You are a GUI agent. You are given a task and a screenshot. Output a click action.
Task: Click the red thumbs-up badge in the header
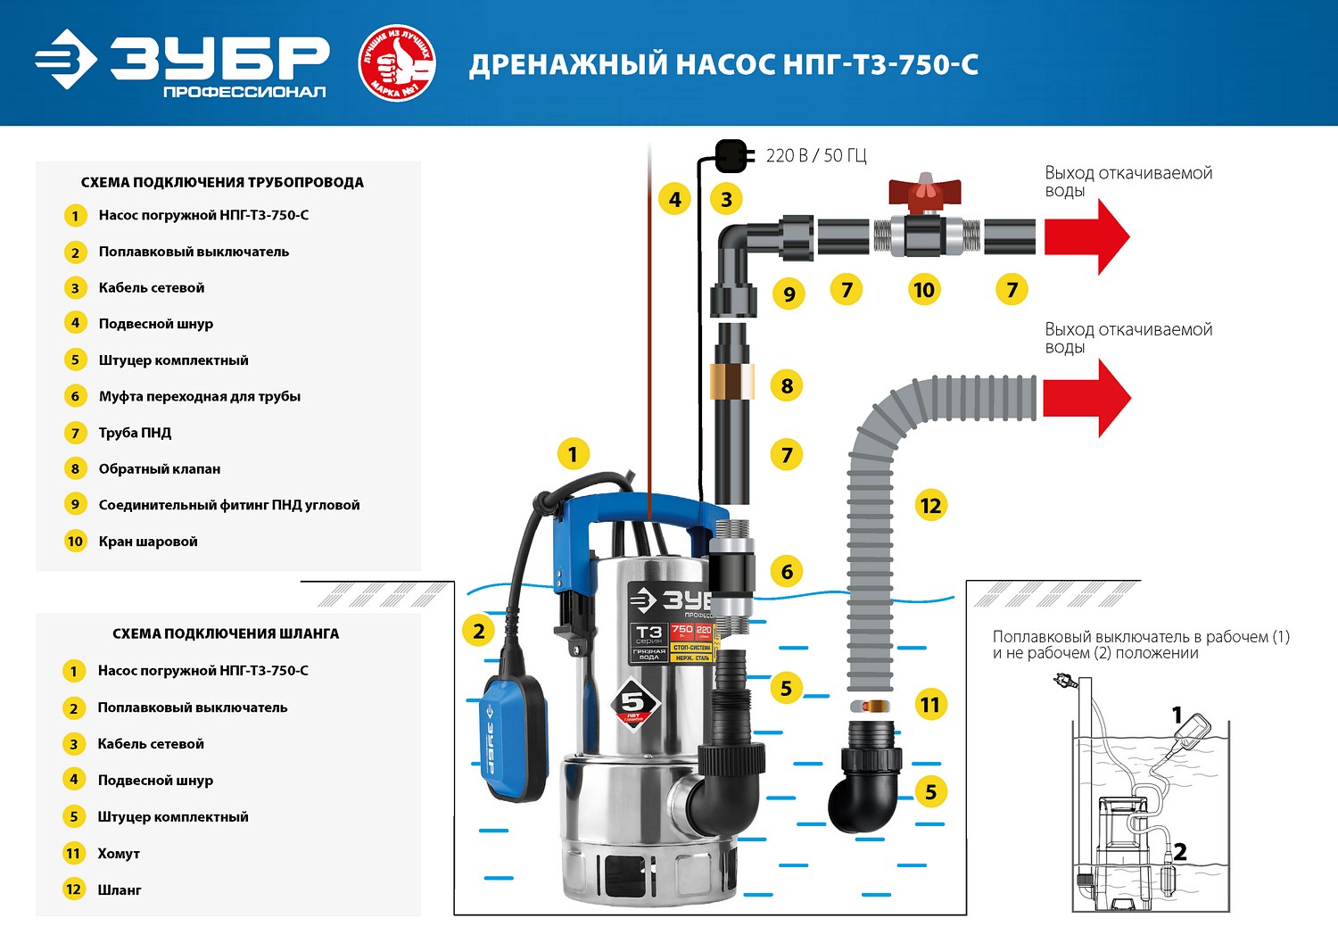tap(396, 63)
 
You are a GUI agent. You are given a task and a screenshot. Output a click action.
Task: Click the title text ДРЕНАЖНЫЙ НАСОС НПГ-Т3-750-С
tap(723, 65)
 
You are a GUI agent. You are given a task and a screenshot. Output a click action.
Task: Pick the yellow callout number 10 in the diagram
tap(924, 289)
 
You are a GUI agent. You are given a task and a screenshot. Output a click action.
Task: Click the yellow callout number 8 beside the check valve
tap(787, 385)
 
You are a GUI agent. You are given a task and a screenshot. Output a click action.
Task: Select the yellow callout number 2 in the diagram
tap(479, 632)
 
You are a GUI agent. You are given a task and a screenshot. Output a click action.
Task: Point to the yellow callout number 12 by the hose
tap(930, 506)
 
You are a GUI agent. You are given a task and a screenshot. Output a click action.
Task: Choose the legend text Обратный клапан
tap(159, 468)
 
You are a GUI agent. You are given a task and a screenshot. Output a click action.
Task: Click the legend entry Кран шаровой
tap(148, 542)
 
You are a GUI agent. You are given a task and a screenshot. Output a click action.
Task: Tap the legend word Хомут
tap(119, 854)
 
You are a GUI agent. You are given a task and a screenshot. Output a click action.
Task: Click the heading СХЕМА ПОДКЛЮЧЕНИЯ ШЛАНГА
tap(226, 633)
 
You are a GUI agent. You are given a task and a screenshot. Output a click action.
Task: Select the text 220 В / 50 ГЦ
tap(816, 156)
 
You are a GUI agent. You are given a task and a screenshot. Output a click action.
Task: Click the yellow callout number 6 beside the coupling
tap(787, 571)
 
